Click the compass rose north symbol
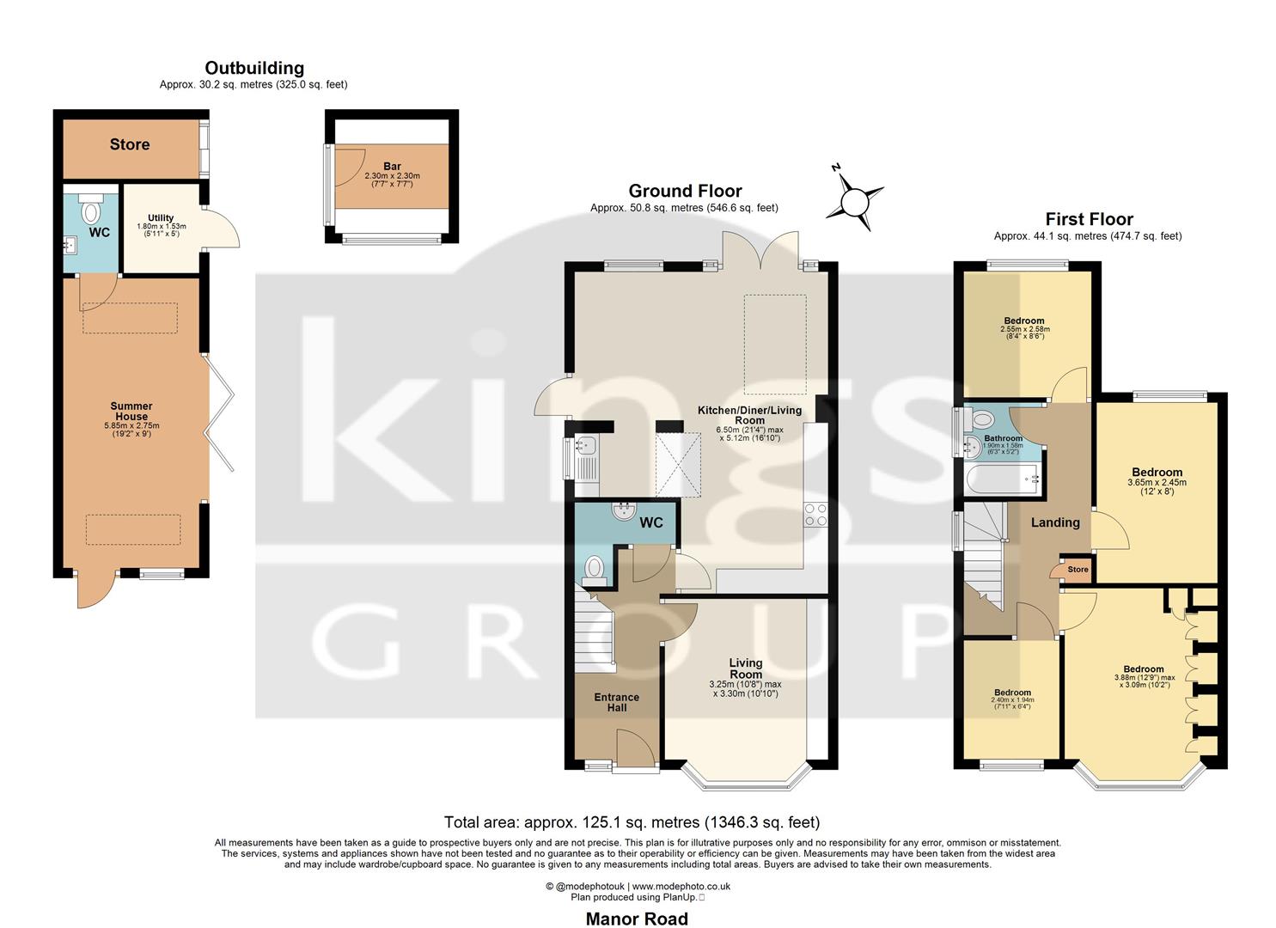tap(855, 198)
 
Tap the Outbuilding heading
tap(253, 68)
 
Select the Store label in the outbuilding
tap(130, 144)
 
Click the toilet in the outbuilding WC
tap(90, 211)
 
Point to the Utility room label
tap(161, 218)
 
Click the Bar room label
tap(392, 167)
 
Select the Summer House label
tap(131, 411)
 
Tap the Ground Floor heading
tap(685, 191)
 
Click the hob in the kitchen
tap(815, 514)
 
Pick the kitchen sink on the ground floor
tap(587, 445)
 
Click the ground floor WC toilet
tap(594, 569)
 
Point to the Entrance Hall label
tap(616, 702)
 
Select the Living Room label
tap(745, 669)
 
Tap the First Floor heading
tap(1089, 219)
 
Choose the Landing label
tap(1055, 522)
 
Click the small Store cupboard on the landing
tap(1077, 570)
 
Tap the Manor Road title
tap(637, 919)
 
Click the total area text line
tap(632, 822)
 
